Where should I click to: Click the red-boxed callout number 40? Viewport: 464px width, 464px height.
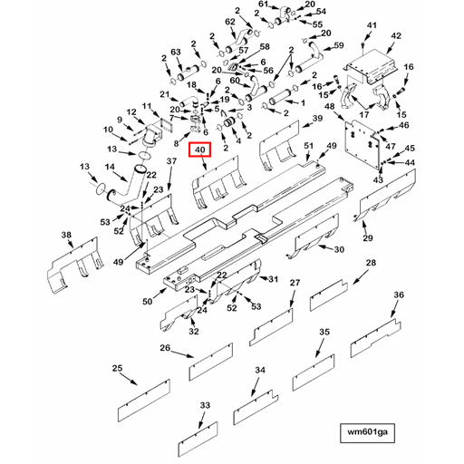point(199,150)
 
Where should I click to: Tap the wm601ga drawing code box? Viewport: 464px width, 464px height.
point(367,433)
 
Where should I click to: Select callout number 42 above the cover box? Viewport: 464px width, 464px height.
point(396,36)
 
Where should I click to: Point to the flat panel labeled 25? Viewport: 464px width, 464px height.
point(144,401)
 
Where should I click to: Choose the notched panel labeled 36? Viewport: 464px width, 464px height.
point(376,338)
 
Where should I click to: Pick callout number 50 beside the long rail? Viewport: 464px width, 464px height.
point(148,301)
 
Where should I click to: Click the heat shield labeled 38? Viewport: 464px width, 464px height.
point(75,266)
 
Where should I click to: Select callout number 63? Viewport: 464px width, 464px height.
point(176,52)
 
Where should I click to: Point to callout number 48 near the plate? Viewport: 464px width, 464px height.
point(330,106)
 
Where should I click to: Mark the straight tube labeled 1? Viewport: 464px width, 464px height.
point(281,97)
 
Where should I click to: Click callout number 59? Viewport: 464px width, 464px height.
point(339,45)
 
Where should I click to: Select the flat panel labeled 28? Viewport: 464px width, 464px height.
point(329,295)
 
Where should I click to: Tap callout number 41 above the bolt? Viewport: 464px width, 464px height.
point(372,25)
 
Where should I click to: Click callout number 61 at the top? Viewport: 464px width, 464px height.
point(263,4)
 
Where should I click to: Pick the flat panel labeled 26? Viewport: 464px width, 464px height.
point(211,362)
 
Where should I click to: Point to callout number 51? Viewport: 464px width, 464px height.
point(308,146)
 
